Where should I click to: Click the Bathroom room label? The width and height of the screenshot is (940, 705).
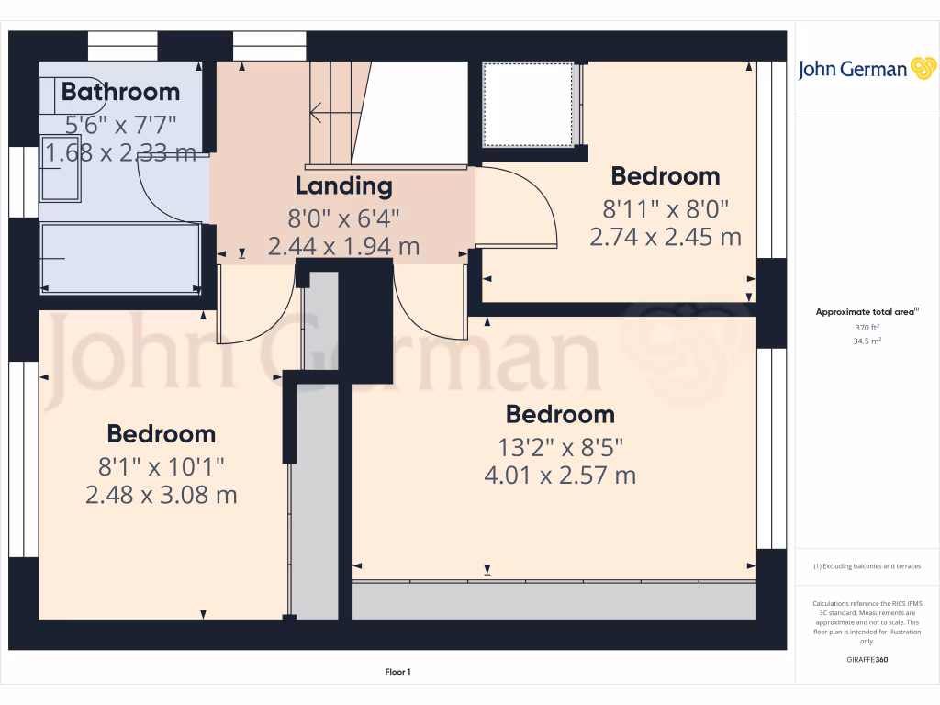pyautogui.click(x=120, y=92)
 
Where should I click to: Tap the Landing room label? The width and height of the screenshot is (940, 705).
pyautogui.click(x=343, y=186)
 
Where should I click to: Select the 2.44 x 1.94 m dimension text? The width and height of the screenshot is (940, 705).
pyautogui.click(x=343, y=246)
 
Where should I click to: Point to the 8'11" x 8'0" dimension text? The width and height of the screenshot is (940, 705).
pyautogui.click(x=665, y=207)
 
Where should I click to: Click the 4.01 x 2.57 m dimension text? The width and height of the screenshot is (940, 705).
pyautogui.click(x=560, y=476)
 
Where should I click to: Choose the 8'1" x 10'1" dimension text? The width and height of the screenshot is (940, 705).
pyautogui.click(x=161, y=465)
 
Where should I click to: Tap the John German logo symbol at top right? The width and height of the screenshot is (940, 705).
pyautogui.click(x=922, y=69)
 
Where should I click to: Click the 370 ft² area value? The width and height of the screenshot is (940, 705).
pyautogui.click(x=867, y=327)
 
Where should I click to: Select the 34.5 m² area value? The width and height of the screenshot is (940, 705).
pyautogui.click(x=867, y=341)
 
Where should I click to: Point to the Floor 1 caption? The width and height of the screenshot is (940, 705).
pyautogui.click(x=397, y=672)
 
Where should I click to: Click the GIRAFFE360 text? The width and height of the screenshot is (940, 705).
pyautogui.click(x=867, y=660)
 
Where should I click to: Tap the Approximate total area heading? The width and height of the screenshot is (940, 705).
pyautogui.click(x=866, y=313)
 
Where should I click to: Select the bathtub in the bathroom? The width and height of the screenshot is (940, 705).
pyautogui.click(x=120, y=258)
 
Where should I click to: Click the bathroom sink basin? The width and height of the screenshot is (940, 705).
pyautogui.click(x=61, y=171)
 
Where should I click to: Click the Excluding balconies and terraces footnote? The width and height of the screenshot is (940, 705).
pyautogui.click(x=867, y=566)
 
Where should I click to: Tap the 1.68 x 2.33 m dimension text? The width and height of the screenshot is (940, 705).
pyautogui.click(x=120, y=152)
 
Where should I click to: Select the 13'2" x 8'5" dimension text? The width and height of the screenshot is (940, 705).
pyautogui.click(x=560, y=447)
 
